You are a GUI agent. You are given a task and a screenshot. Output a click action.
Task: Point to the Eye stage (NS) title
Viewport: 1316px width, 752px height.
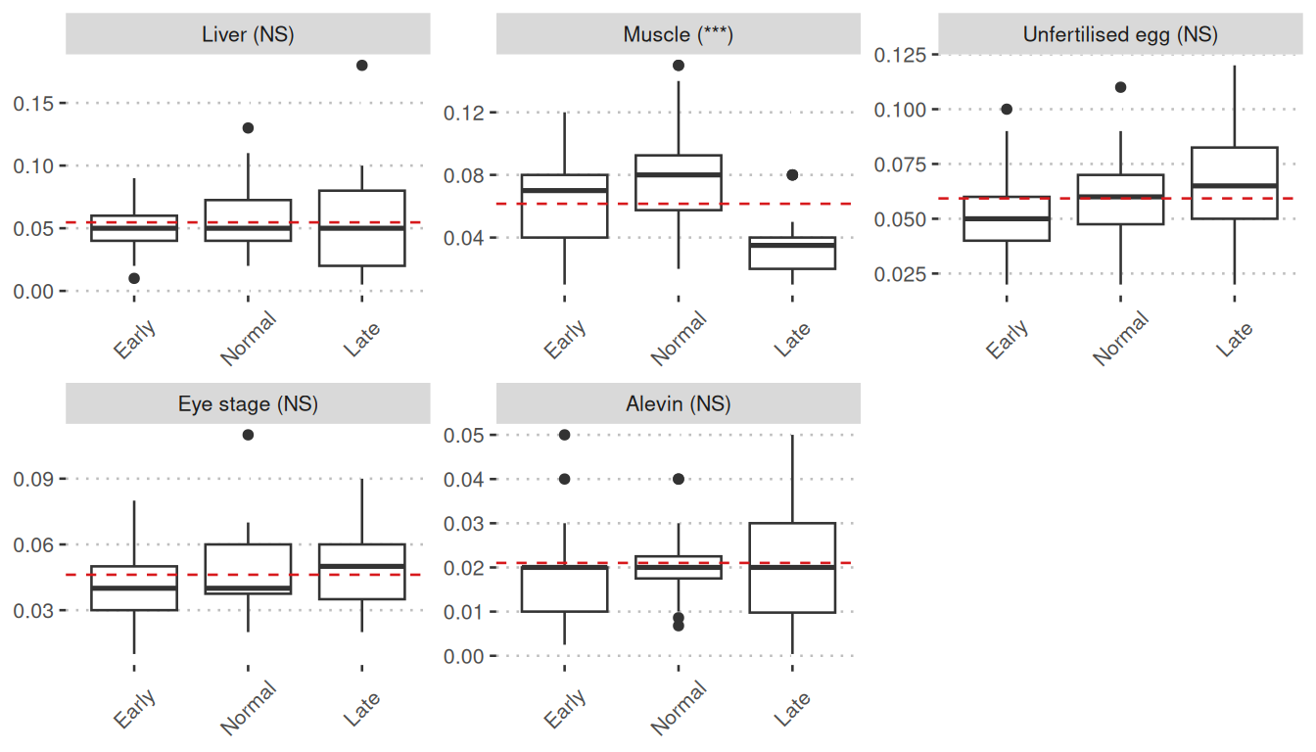[x=248, y=403]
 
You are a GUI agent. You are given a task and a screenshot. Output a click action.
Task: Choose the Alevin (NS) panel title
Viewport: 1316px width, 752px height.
[x=678, y=403]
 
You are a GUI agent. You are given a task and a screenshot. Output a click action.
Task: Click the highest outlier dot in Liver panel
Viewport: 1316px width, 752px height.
[x=362, y=66]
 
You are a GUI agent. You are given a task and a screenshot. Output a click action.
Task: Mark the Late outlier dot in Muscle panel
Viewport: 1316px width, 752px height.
[x=792, y=175]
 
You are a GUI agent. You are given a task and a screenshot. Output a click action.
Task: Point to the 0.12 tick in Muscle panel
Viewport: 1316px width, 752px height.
[x=464, y=113]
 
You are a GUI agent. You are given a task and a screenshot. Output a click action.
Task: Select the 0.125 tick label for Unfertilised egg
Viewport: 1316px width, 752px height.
[x=900, y=55]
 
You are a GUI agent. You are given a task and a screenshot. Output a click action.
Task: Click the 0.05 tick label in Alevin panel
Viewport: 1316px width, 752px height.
[x=464, y=435]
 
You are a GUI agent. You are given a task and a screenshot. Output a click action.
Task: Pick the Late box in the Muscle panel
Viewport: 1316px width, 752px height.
[x=792, y=253]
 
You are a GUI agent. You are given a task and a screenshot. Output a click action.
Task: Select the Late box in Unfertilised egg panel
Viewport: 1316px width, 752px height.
[x=1234, y=183]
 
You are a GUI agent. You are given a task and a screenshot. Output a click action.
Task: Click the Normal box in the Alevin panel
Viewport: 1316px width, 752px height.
[x=679, y=567]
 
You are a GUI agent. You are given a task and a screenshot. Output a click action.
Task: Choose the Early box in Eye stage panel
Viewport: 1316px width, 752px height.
[x=134, y=587]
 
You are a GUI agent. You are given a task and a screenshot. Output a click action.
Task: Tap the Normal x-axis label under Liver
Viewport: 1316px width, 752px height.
[x=249, y=339]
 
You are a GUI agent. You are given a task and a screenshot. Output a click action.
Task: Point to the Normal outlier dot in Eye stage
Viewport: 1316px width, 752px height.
[x=249, y=435]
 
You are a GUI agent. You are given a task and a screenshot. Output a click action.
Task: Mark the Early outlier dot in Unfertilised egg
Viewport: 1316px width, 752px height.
[x=1007, y=110]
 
